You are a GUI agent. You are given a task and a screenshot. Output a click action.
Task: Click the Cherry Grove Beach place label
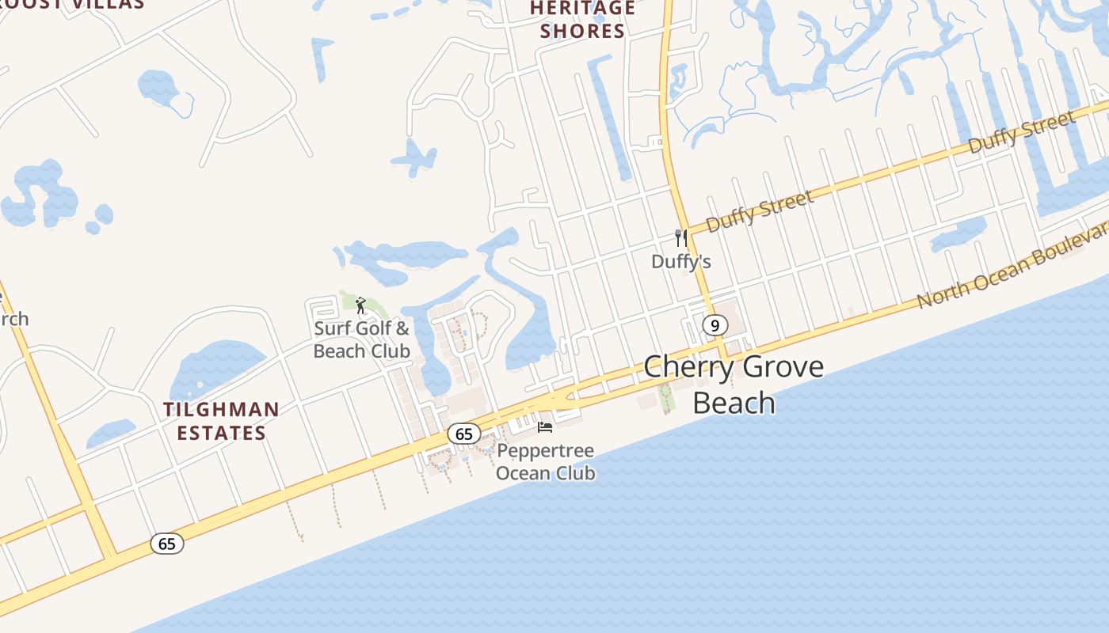[734, 385]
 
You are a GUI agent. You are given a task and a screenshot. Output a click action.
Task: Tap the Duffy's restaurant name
[680, 261]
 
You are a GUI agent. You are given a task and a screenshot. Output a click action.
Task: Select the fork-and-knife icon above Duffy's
[680, 237]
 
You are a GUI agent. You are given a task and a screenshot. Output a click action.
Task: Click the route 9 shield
[715, 325]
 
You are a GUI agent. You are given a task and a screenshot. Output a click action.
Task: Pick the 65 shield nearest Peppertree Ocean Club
[464, 434]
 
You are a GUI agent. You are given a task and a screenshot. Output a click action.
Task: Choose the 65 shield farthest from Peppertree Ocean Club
[167, 544]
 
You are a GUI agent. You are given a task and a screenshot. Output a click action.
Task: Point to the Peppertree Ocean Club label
[545, 462]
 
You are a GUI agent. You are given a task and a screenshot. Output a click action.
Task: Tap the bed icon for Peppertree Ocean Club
[545, 427]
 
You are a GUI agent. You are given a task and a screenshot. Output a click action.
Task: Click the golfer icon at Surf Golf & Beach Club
[361, 305]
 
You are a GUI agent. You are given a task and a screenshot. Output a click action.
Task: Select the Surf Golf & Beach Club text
[362, 339]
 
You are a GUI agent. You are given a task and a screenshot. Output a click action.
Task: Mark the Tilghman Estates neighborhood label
[221, 421]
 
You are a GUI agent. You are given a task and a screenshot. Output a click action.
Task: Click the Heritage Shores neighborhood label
[582, 20]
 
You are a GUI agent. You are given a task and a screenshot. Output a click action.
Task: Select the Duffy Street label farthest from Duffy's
[1022, 132]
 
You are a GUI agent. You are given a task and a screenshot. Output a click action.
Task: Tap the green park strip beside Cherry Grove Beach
[666, 398]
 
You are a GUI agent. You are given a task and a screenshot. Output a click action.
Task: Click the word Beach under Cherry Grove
[734, 403]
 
